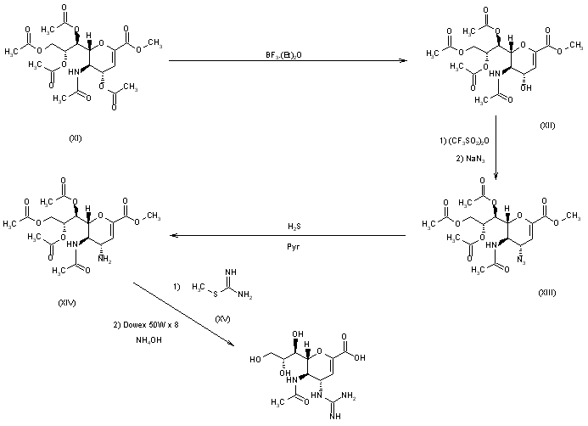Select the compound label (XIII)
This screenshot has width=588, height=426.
(x=547, y=290)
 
